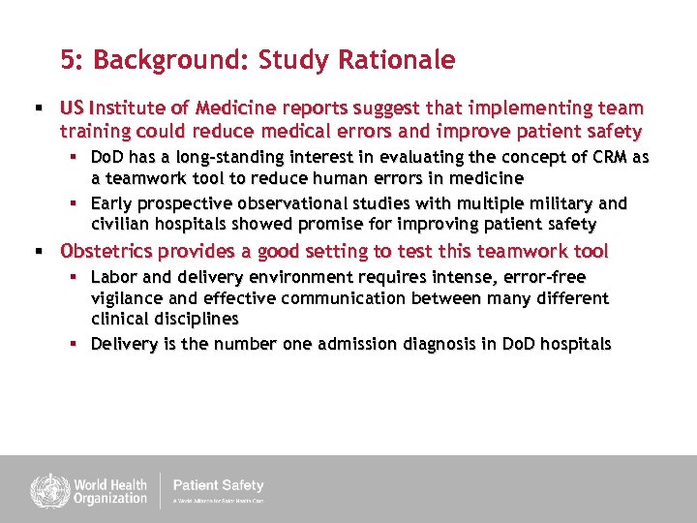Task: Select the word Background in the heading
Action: pyautogui.click(x=170, y=61)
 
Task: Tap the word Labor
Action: pyautogui.click(x=113, y=277)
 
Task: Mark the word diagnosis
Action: pyautogui.click(x=417, y=344)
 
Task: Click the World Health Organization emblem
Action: pyautogui.click(x=45, y=489)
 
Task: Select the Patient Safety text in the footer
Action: pyautogui.click(x=218, y=485)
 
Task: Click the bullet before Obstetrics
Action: pyautogui.click(x=40, y=252)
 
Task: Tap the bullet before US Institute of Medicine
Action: pyautogui.click(x=40, y=108)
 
